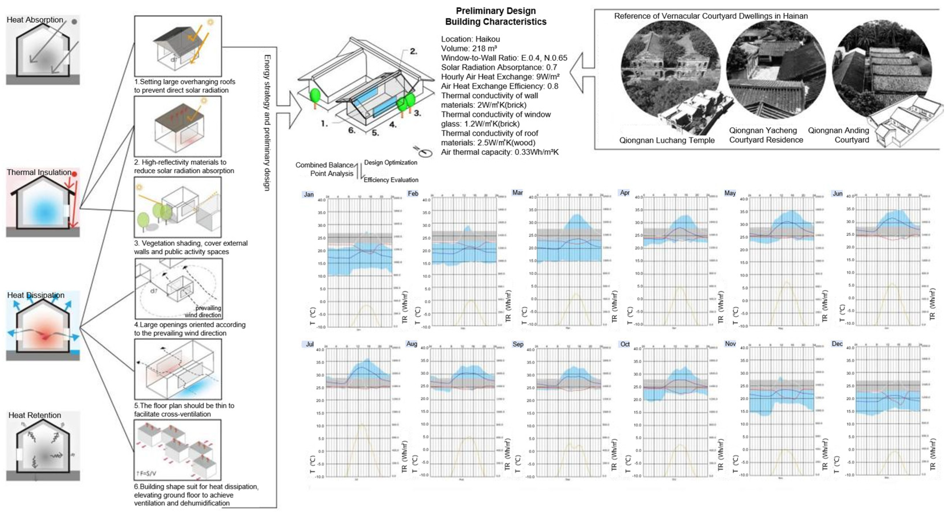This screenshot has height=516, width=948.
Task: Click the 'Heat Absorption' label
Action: click(x=35, y=20)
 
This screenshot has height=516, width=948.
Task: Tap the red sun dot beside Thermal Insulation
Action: click(x=74, y=174)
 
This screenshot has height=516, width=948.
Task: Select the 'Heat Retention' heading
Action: click(x=34, y=415)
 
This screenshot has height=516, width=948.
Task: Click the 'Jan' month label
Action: click(x=308, y=194)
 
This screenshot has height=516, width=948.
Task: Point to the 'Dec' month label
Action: click(x=837, y=344)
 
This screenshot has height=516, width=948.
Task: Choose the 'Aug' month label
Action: click(x=411, y=344)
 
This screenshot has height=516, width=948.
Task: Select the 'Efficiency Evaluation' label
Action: click(x=391, y=180)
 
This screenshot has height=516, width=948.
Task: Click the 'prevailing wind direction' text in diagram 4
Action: click(x=205, y=311)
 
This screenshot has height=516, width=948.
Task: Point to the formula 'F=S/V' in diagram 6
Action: click(x=146, y=473)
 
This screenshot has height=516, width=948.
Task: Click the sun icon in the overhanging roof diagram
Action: click(x=210, y=22)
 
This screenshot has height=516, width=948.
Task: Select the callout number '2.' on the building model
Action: click(x=413, y=51)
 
